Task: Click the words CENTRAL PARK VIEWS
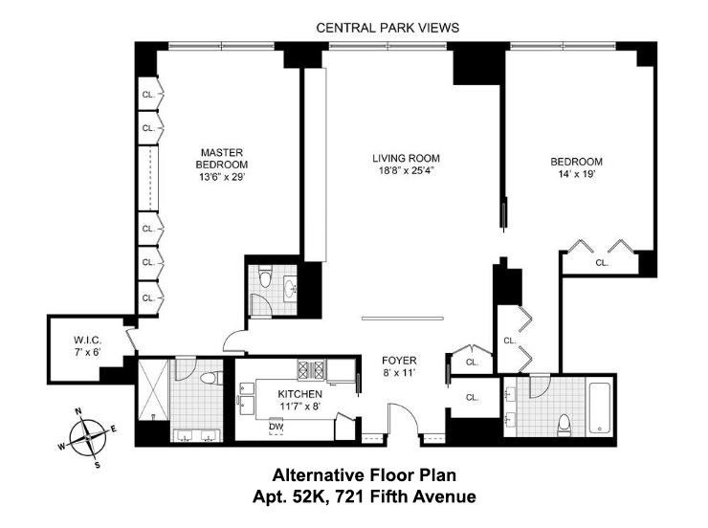point(387,28)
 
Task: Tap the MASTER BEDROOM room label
point(222,158)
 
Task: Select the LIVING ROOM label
point(406,158)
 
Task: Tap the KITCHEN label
point(299,394)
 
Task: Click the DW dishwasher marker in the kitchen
point(277,427)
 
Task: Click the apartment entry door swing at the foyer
point(399,419)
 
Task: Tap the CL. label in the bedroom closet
point(602,262)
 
